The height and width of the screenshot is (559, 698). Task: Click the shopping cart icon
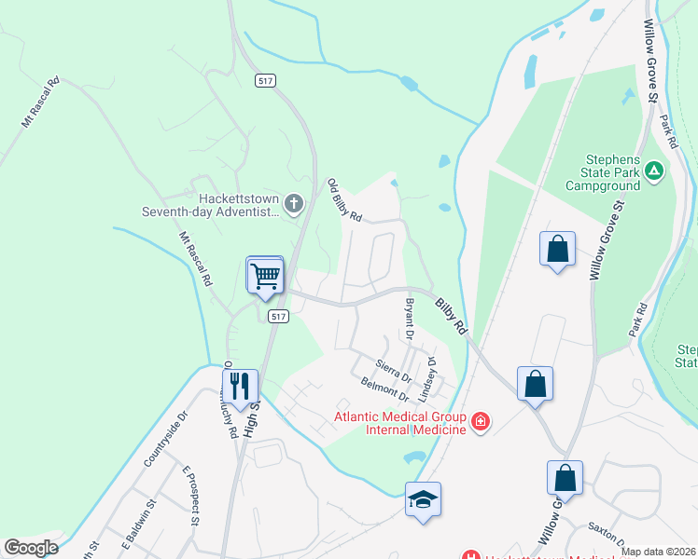point(266,275)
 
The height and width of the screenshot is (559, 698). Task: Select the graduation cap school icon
point(423,499)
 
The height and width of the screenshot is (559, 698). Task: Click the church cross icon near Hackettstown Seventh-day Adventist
point(294,203)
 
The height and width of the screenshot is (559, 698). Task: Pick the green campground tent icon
point(654,170)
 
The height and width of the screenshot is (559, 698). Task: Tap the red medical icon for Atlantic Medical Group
point(481,422)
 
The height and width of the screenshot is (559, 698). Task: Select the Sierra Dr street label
point(393,369)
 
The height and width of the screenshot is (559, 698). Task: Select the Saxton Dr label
point(607,535)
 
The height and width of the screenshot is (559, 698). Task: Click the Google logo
point(31,548)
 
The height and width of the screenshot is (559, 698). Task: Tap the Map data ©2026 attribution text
point(658,552)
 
